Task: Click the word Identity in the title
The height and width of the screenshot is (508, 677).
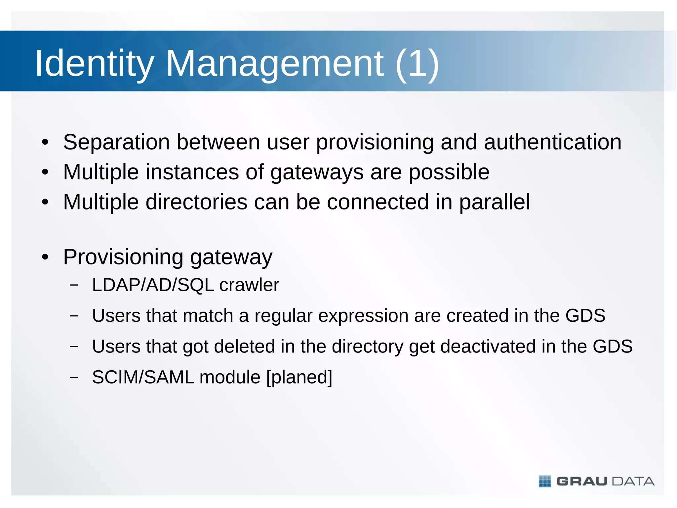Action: (95, 63)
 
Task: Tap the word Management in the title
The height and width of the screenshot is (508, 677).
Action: (274, 63)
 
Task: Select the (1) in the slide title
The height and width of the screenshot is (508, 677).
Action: (417, 63)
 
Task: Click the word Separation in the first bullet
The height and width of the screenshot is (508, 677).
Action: (116, 142)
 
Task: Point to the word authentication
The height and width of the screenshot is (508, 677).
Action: (552, 142)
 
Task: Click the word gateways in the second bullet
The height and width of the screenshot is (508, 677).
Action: (317, 172)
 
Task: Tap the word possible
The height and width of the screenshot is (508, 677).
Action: (449, 172)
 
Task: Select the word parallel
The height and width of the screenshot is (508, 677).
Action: (495, 202)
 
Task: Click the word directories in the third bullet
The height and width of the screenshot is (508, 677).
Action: (196, 202)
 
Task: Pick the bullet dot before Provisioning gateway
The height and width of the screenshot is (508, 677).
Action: (45, 257)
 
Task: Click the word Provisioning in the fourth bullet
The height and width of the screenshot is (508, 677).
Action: (123, 257)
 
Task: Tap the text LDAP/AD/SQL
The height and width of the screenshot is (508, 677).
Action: (153, 285)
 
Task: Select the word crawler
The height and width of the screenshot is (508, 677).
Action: (249, 285)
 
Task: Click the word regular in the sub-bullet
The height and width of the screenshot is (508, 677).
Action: (283, 316)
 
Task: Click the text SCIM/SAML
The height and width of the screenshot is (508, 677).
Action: (143, 377)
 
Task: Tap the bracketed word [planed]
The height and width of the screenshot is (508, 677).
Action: (299, 377)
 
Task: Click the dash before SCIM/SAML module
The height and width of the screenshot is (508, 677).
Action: (74, 377)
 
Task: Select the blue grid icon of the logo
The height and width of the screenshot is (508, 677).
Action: (545, 481)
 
